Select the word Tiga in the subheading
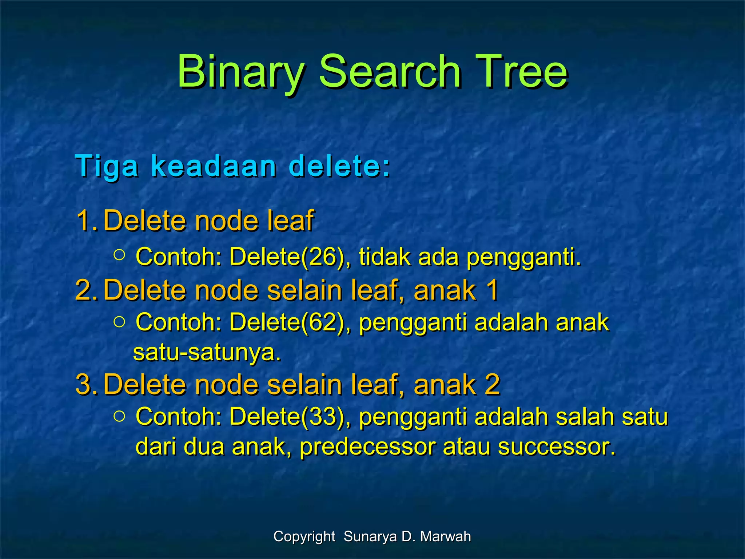pyautogui.click(x=107, y=167)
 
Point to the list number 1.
pyautogui.click(x=86, y=221)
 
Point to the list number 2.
pyautogui.click(x=86, y=290)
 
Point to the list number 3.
pyautogui.click(x=86, y=384)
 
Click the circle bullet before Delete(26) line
pyautogui.click(x=119, y=254)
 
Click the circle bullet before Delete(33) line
pyautogui.click(x=119, y=415)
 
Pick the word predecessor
pyautogui.click(x=367, y=447)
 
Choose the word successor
pyautogui.click(x=557, y=447)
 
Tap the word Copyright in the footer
pyautogui.click(x=304, y=536)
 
